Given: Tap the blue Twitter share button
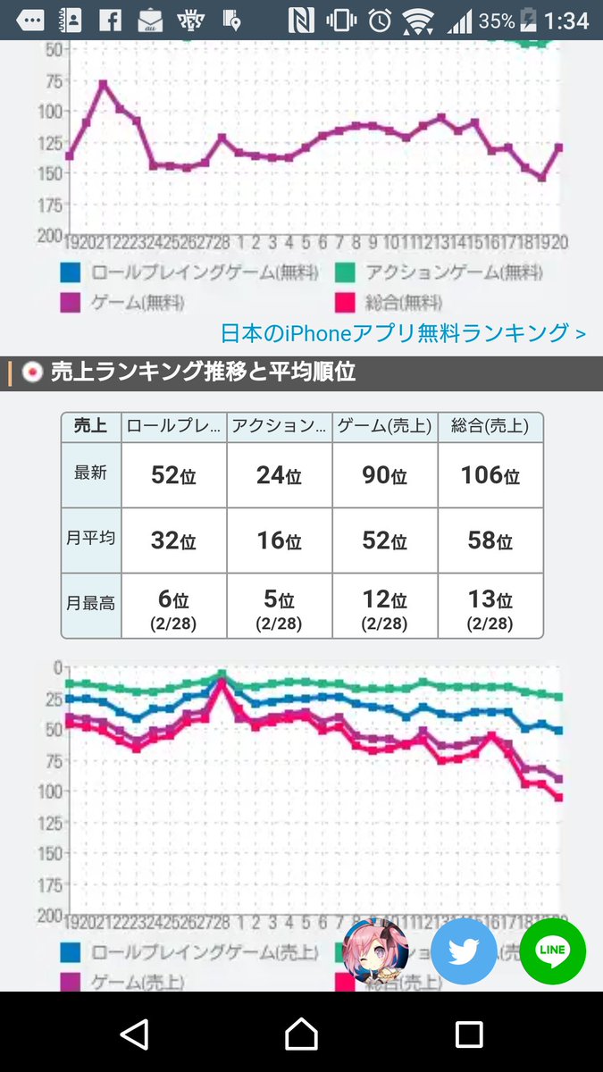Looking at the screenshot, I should coord(464,951).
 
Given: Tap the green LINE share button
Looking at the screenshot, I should coord(552,951).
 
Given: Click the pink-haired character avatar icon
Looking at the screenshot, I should coord(376,951).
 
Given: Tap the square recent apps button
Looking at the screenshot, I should coord(468,1034).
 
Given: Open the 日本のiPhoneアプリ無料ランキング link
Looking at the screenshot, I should coord(403,333).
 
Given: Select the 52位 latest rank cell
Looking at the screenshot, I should coord(174,475).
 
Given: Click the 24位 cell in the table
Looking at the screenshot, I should coord(279,475).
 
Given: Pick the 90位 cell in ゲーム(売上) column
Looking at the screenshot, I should coord(384,475).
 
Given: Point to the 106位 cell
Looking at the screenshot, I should coord(490,475).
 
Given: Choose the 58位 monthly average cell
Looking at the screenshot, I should coord(490,540).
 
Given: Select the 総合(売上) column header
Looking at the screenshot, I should coord(490,427).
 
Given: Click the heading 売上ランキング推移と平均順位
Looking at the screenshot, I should coord(203,373).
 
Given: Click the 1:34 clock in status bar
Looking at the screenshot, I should coord(567,21).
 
